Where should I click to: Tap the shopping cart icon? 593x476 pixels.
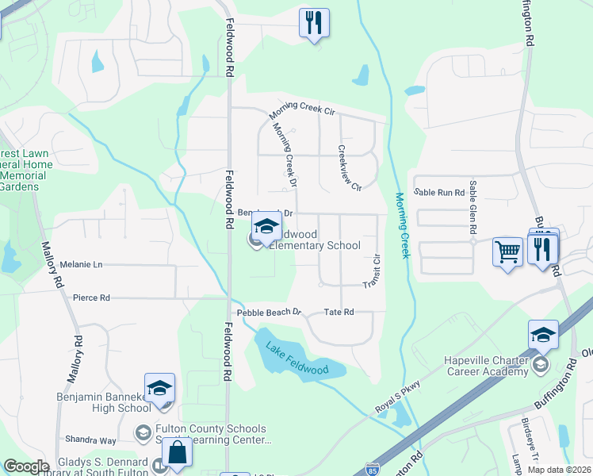(507, 252)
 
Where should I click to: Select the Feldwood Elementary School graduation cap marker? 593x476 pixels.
(267, 228)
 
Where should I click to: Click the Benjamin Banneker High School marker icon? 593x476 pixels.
(159, 389)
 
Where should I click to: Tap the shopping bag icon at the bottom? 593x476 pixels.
(178, 454)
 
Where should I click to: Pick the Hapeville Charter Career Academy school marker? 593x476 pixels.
(543, 336)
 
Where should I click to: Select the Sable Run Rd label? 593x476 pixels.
(439, 193)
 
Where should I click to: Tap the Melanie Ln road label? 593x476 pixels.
(76, 264)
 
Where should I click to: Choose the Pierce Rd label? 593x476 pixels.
(91, 298)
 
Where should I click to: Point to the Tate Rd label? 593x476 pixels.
(339, 312)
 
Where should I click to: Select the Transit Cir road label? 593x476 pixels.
(373, 272)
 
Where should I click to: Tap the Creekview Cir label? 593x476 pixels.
(350, 168)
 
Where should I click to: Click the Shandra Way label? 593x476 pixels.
(91, 440)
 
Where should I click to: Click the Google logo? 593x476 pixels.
(27, 466)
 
